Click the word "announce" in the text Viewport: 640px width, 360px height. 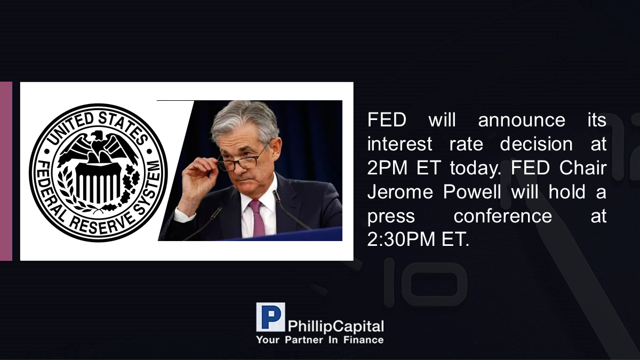pos(522,121)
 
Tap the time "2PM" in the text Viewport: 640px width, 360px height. pos(387,167)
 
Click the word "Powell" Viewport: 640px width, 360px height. pos(471,191)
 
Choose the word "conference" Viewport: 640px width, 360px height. pos(502,217)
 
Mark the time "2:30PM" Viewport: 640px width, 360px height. pos(401,239)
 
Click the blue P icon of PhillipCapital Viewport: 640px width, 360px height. pos(270,317)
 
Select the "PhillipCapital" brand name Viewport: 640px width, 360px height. pos(335,326)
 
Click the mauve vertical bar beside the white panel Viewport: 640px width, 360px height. pos(6,171)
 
